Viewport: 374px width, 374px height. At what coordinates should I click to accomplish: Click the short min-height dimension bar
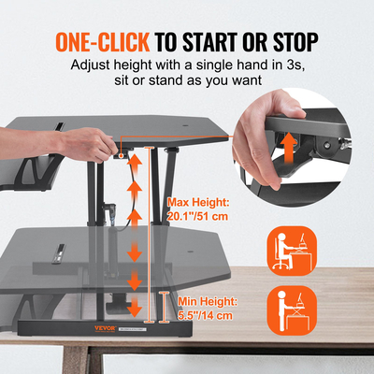click(165, 306)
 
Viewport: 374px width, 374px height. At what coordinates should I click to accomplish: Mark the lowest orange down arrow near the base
click(135, 306)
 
